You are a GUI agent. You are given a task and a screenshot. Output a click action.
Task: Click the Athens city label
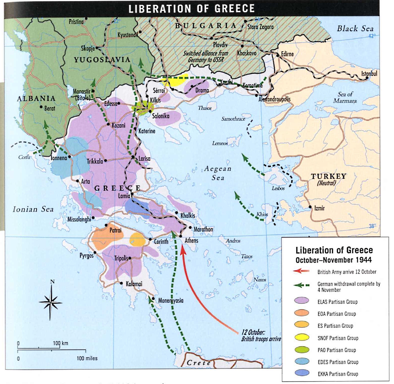coord(191,240)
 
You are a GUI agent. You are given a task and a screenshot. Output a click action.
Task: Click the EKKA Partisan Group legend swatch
coord(302,373)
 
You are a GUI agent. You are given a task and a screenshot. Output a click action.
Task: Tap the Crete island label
coord(196,363)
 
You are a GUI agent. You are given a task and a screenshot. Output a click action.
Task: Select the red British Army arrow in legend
coord(302,271)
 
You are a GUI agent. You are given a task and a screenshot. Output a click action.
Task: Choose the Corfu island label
coord(24,158)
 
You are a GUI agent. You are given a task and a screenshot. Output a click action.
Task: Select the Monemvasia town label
coord(171,301)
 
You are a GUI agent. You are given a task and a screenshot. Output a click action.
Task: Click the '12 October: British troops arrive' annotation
coord(260,335)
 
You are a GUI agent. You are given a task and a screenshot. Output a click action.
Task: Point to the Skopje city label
coord(88,48)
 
